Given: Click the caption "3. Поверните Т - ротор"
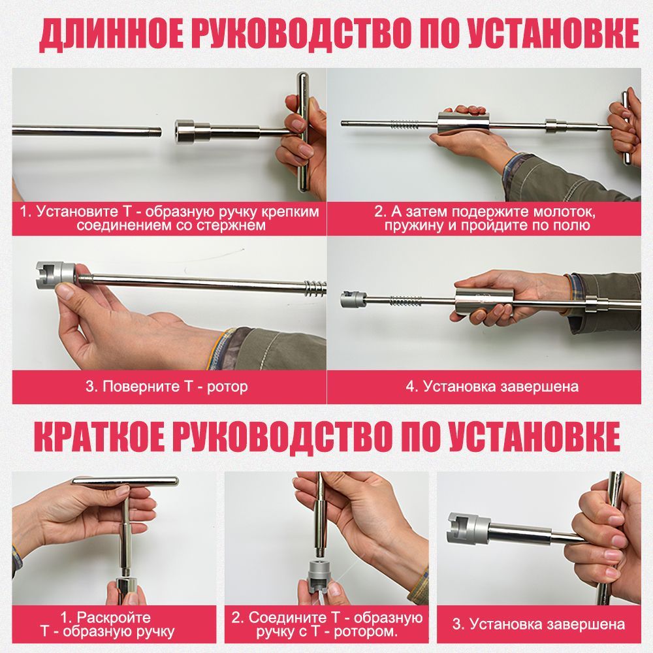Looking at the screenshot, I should tap(167, 387).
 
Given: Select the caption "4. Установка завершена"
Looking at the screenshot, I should tap(492, 387).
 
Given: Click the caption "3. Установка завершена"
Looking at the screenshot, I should tap(538, 624).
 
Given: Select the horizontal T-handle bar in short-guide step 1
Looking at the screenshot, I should tap(125, 481).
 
